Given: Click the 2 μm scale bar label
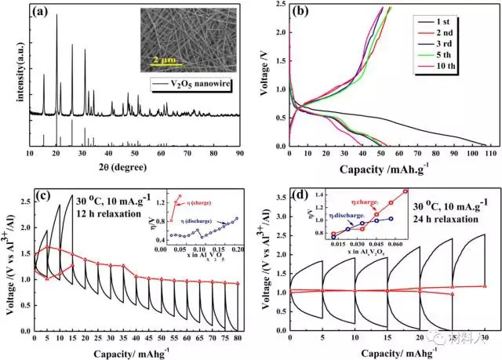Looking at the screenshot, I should (x=165, y=58).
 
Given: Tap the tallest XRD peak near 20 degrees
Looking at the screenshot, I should (x=56, y=16).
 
